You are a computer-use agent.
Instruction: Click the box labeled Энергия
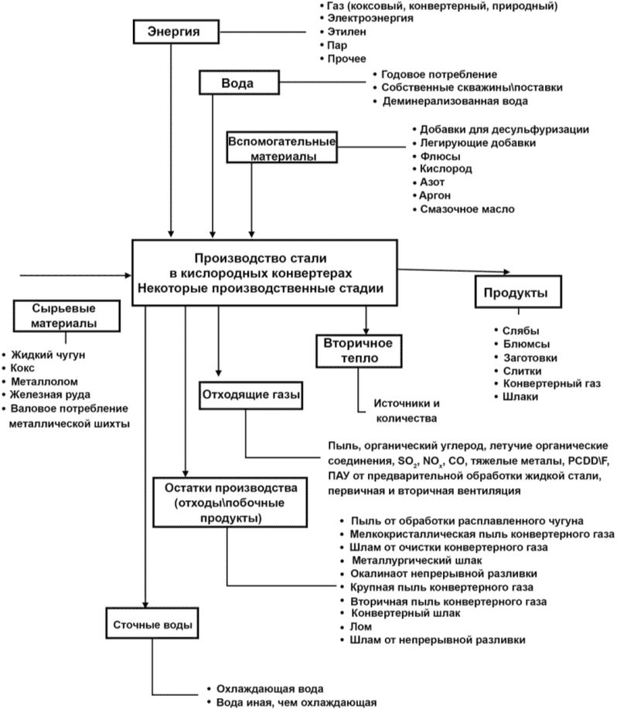176,32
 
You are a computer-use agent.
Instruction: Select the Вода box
239,83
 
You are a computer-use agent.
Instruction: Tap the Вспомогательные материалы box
281,148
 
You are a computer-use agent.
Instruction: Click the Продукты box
518,292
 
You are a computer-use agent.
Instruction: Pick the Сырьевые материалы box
66,316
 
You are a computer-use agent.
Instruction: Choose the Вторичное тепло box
359,351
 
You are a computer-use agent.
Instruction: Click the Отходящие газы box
251,395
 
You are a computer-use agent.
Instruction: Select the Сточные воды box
152,623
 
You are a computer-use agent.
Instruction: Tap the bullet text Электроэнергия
370,19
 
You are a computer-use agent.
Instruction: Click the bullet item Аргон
435,196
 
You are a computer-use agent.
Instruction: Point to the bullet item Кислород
446,168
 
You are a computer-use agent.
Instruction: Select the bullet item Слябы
520,331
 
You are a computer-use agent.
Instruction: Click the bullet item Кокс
22,368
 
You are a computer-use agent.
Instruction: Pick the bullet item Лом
361,626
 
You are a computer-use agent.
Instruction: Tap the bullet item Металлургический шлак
417,561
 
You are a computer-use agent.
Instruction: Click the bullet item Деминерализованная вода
455,101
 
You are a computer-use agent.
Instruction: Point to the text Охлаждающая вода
270,689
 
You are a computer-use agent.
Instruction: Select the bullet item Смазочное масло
467,209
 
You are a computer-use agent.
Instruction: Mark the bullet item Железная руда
50,395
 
